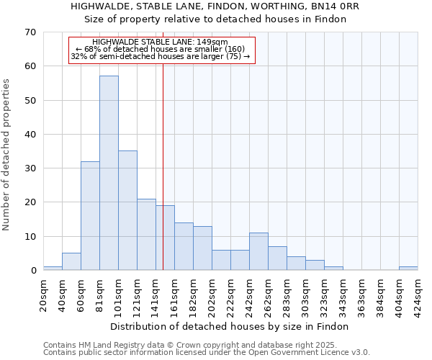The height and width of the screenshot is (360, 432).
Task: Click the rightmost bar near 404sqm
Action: (408, 269)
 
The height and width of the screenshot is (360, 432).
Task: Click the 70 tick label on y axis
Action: (30, 32)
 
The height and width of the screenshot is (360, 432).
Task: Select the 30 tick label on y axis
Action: (30, 168)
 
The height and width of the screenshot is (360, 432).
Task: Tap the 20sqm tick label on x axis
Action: (43, 295)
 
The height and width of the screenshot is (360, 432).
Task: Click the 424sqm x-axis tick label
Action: (418, 295)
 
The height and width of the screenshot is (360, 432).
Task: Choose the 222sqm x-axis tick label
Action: (230, 295)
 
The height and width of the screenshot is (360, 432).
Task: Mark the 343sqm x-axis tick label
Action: (343, 295)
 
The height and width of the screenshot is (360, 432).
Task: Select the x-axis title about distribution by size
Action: (230, 326)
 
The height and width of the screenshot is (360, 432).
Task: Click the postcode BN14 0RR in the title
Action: (334, 6)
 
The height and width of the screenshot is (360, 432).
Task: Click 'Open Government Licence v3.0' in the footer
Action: (308, 352)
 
